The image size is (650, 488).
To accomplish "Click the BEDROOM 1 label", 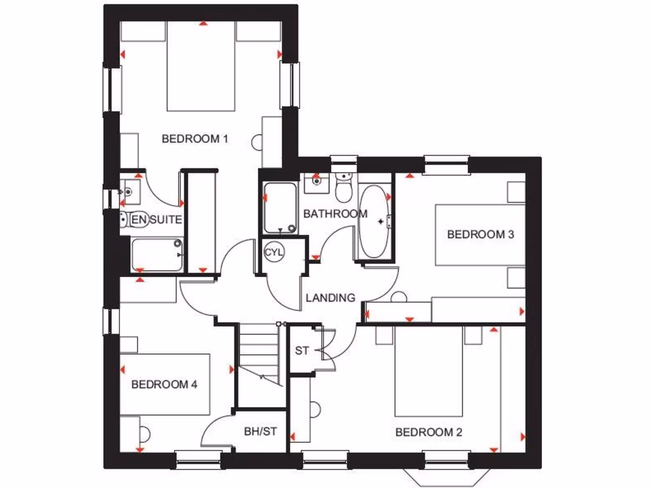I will [x=194, y=139].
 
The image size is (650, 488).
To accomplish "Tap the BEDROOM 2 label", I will [x=428, y=433].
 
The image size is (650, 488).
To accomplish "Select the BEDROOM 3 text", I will [x=481, y=234].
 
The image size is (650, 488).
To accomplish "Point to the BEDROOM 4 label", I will [x=164, y=384].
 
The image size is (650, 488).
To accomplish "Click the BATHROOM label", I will [x=335, y=214].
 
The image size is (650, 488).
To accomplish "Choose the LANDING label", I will [x=330, y=297].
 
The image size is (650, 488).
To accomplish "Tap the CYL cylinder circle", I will [x=275, y=252].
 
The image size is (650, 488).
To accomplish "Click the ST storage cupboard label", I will [x=302, y=351].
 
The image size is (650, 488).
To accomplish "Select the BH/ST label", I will [x=260, y=432].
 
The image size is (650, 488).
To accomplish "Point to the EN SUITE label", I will [x=157, y=220].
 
